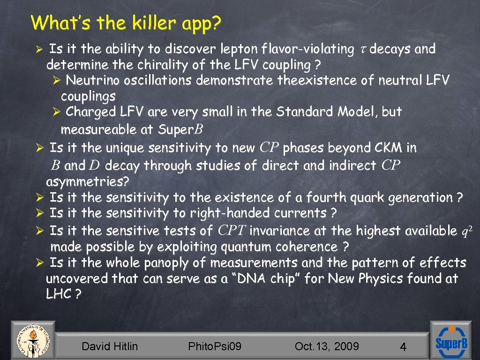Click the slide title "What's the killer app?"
(126, 22)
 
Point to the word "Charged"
(90, 112)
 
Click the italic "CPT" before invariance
(232, 231)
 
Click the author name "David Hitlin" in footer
(110, 346)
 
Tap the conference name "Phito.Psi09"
(215, 346)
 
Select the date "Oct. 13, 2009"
(327, 346)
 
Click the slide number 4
(403, 347)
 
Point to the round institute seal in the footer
(32, 340)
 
